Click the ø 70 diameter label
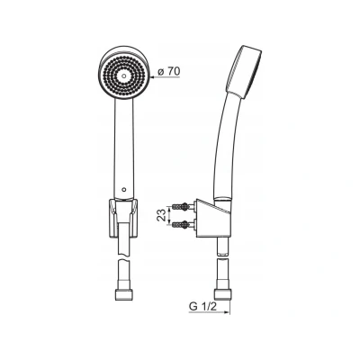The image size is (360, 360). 168,71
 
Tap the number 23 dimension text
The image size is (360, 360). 162,215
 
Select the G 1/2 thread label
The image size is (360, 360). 202,307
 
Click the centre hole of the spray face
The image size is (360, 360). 124,76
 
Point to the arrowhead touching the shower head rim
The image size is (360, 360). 152,77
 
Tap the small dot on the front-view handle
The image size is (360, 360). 124,190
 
